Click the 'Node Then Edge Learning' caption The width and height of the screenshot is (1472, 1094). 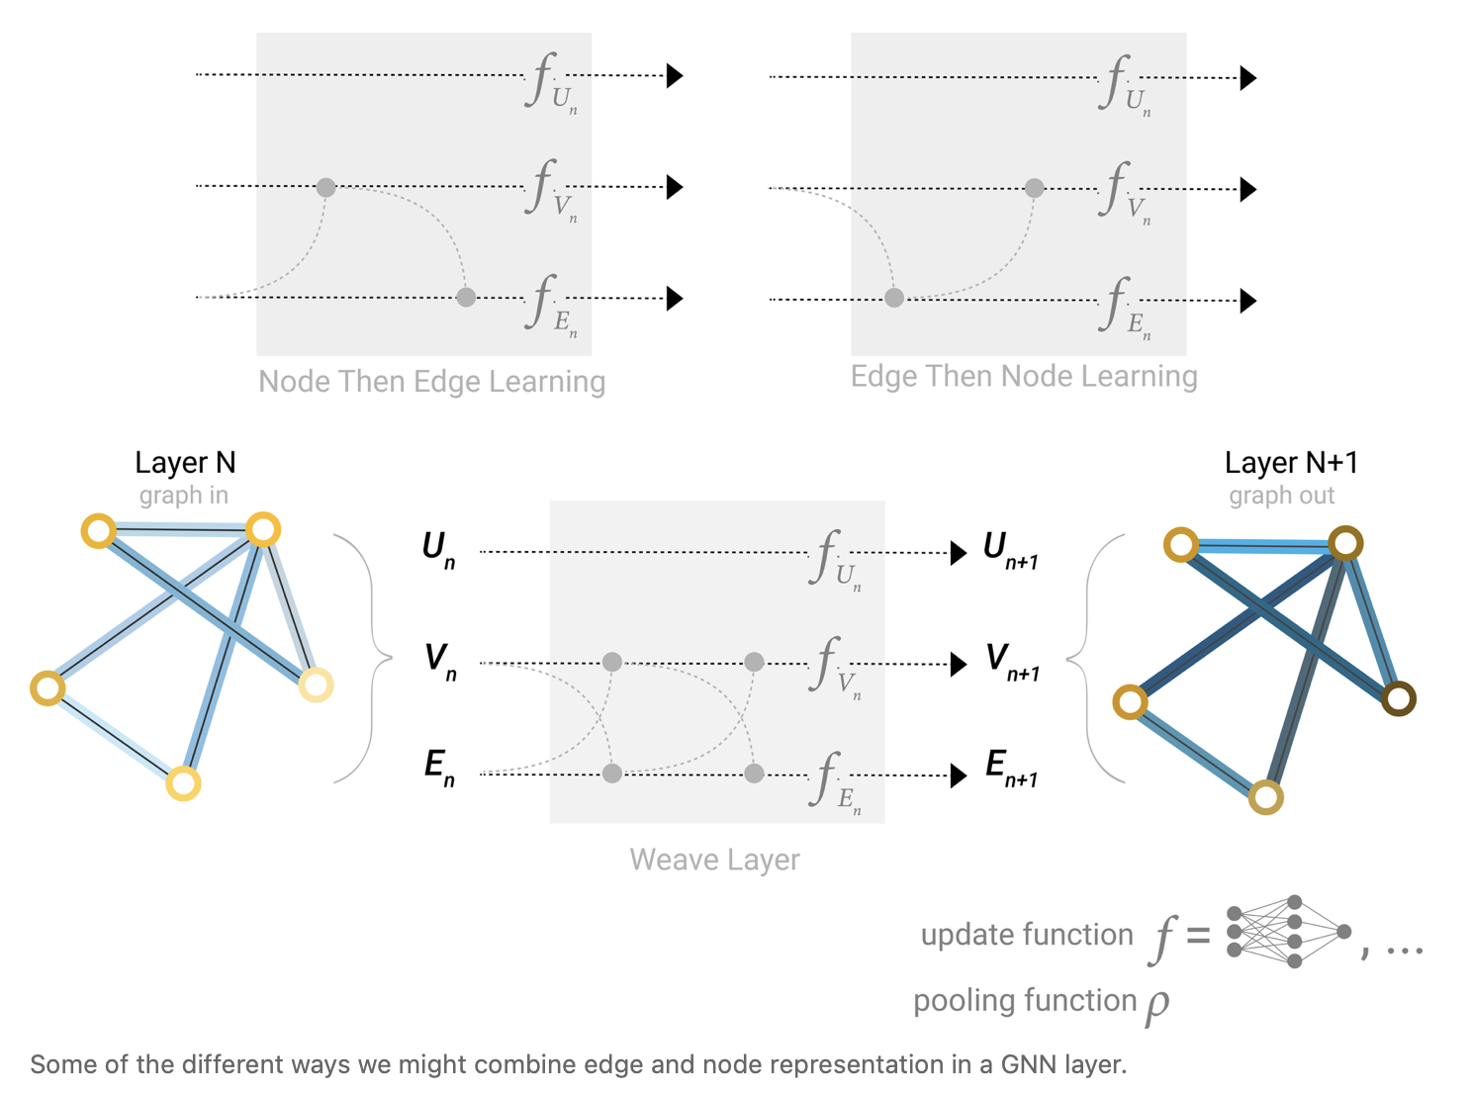tap(431, 382)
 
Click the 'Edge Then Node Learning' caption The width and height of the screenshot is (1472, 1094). tap(1024, 376)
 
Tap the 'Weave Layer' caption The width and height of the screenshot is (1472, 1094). tap(714, 860)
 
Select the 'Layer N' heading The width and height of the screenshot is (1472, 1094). tap(185, 463)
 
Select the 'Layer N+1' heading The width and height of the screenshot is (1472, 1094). tap(1291, 463)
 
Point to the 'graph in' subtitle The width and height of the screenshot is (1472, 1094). tap(183, 496)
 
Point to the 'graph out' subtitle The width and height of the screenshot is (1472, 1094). tap(1281, 496)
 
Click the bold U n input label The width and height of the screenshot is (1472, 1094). tap(438, 549)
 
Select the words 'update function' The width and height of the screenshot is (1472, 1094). tap(1026, 935)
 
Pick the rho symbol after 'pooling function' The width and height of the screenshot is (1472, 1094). tap(1157, 1005)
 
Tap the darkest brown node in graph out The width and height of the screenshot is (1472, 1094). tap(1398, 698)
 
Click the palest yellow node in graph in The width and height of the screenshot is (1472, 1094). tap(316, 684)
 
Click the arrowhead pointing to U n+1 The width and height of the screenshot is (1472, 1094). tap(958, 553)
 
